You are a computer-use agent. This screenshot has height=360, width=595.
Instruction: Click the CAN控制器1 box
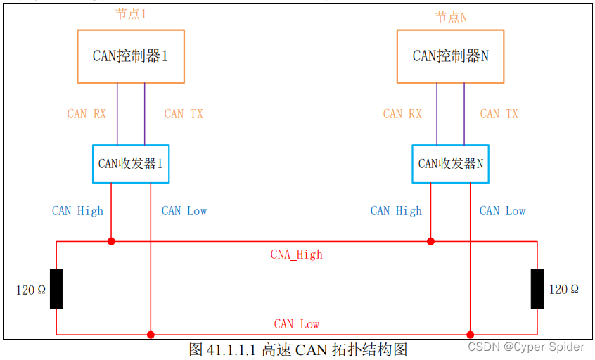point(131,56)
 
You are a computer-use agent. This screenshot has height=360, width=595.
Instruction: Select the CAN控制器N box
point(450,56)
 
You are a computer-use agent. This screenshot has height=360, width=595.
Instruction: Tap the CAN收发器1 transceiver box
point(131,164)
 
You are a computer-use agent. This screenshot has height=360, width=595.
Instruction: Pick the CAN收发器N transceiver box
point(450,164)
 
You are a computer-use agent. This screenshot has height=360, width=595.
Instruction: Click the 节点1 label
point(131,13)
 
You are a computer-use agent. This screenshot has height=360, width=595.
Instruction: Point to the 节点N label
point(451,17)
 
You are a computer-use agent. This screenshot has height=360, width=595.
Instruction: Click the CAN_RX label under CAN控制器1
point(87,114)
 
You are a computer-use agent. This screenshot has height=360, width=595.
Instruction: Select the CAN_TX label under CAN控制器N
point(499,114)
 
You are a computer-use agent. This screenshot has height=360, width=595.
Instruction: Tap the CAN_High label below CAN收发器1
point(77,211)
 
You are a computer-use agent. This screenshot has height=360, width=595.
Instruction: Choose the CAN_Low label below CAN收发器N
point(502,211)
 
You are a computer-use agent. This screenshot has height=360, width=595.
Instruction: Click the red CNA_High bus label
point(296,255)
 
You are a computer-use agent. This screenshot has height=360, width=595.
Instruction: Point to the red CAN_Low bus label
point(296,324)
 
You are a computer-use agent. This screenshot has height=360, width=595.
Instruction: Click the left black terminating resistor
point(56,288)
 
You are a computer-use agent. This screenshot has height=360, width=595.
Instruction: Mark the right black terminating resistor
point(537,288)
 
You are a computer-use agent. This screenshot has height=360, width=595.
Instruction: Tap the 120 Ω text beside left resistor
point(31,290)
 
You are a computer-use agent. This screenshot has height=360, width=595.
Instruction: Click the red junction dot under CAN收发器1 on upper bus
point(111,241)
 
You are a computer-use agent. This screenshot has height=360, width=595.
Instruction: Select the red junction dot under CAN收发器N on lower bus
point(471,335)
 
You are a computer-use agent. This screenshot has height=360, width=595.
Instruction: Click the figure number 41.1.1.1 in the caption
point(232,349)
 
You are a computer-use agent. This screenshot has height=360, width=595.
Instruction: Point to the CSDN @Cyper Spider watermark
point(526,347)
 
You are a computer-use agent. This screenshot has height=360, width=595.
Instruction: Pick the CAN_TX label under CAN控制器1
point(183,114)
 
